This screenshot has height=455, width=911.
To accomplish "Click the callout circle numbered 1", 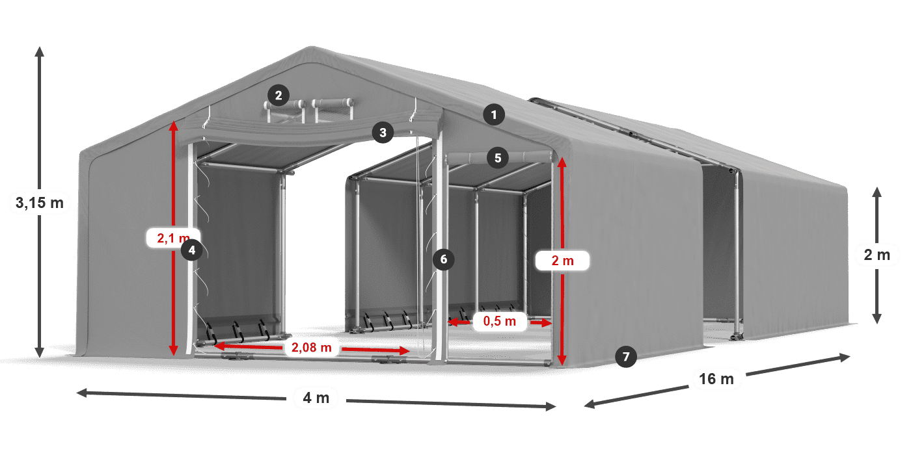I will click(x=494, y=116).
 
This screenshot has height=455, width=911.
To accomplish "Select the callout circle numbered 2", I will click(x=278, y=96).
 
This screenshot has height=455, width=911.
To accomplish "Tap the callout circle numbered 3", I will click(x=383, y=133).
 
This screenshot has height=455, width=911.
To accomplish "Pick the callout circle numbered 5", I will click(x=498, y=157).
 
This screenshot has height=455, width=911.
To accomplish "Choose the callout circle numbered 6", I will click(x=444, y=259).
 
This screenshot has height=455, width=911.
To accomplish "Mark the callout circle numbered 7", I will click(x=625, y=356).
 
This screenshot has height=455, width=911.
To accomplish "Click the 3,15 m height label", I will click(x=39, y=203).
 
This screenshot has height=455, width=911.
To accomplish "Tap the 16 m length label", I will click(x=717, y=378).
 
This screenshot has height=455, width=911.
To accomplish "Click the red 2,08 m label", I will click(x=312, y=348).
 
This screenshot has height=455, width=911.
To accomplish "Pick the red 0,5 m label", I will click(x=500, y=321).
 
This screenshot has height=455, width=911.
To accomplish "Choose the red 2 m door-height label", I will click(x=562, y=261).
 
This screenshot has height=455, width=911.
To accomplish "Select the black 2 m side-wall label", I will click(x=877, y=255).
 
